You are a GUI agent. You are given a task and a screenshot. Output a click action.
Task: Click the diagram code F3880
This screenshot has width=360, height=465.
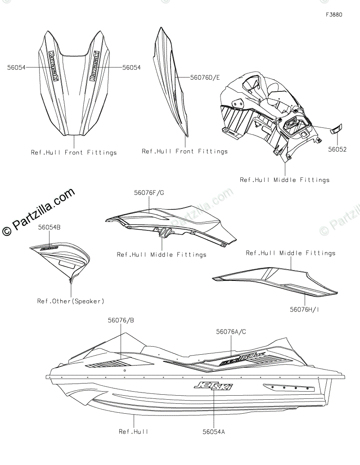click(x=334, y=15)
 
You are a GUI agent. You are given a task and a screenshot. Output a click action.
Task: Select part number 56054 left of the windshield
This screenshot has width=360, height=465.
click(x=16, y=68)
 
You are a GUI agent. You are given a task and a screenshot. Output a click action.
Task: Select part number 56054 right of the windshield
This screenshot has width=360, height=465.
click(x=131, y=68)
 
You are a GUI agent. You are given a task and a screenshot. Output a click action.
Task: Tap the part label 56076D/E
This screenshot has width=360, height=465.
click(x=205, y=77)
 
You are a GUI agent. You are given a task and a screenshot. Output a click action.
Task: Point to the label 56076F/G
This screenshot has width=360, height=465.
click(x=149, y=193)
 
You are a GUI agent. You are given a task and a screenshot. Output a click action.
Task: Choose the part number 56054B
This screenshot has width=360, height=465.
click(x=49, y=227)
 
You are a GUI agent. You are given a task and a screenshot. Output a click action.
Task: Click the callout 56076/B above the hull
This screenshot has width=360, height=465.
click(x=121, y=321)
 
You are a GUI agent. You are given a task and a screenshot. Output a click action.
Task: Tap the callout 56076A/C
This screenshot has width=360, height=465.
click(x=231, y=332)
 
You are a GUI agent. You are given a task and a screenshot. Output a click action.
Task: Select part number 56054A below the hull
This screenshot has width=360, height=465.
click(x=213, y=432)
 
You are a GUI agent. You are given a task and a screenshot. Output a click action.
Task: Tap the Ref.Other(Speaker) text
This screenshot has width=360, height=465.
click(x=71, y=301)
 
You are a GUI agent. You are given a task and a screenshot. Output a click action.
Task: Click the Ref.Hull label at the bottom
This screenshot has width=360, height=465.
click(x=133, y=432)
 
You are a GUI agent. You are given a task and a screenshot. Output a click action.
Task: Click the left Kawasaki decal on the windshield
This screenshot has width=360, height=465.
click(x=52, y=65)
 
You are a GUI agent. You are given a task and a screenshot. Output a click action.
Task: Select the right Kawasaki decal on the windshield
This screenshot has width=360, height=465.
click(x=94, y=66)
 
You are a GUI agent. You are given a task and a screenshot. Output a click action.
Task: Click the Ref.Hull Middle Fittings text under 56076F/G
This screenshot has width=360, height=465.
click(x=162, y=255)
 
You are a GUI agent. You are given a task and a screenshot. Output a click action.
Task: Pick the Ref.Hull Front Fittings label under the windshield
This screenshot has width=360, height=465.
click(x=73, y=153)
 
